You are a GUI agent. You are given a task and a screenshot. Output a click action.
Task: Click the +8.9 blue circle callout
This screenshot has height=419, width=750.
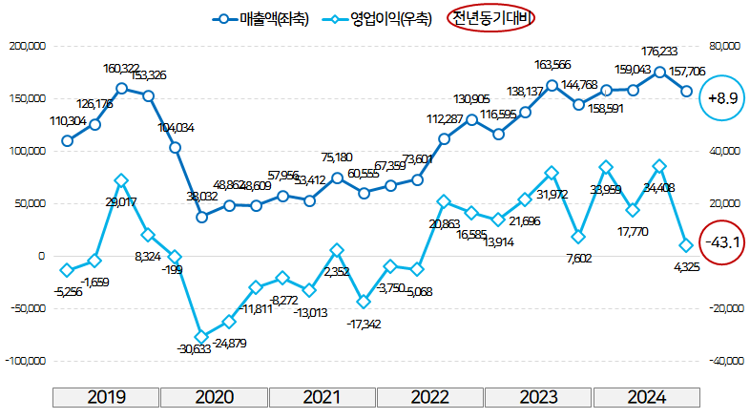[x=722, y=97]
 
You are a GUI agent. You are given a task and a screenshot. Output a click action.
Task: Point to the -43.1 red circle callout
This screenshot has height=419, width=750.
[x=722, y=241]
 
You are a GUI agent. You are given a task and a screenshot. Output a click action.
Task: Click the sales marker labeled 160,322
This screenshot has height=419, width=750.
[x=121, y=88]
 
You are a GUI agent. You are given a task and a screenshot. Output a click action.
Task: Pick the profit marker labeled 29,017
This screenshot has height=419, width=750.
[x=121, y=179]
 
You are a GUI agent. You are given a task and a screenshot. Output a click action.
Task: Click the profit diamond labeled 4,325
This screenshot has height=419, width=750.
[x=686, y=244]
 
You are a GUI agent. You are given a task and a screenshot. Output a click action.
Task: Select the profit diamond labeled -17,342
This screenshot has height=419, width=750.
[x=364, y=302]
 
